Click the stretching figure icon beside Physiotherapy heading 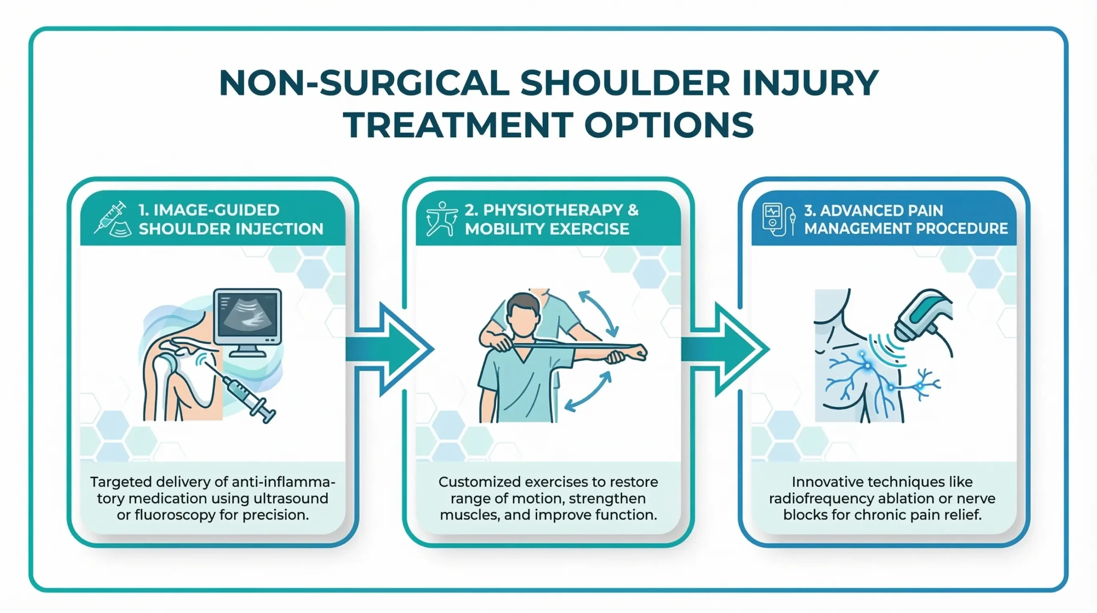pyautogui.click(x=440, y=219)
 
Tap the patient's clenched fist pyautogui.click(x=638, y=353)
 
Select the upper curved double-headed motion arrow pyautogui.click(x=599, y=313)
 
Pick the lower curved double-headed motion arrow pyautogui.click(x=588, y=391)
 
